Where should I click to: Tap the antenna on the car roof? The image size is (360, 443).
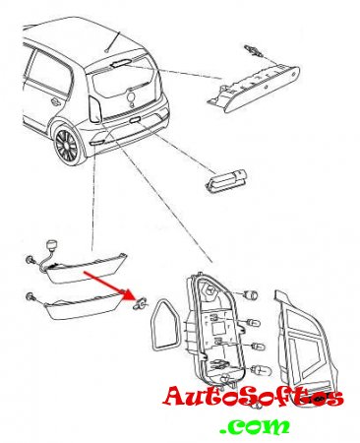click(x=113, y=41)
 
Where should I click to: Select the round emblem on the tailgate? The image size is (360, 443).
click(x=132, y=97)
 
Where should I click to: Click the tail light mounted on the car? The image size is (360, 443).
click(x=95, y=109)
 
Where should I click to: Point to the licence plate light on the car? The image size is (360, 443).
click(x=135, y=119)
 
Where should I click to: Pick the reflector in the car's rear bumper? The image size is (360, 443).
click(x=96, y=142)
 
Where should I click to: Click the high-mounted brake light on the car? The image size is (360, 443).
click(x=121, y=63)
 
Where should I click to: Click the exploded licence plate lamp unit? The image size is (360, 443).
click(x=225, y=181)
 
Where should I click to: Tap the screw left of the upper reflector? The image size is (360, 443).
click(x=30, y=260)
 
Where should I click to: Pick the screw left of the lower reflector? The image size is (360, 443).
click(x=30, y=296)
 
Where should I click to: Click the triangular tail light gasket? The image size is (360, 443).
click(x=165, y=325)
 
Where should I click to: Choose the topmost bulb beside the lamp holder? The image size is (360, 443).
click(x=252, y=295)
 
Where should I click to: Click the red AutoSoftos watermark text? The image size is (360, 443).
click(x=253, y=397)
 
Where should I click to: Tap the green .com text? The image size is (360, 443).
click(x=255, y=427)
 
